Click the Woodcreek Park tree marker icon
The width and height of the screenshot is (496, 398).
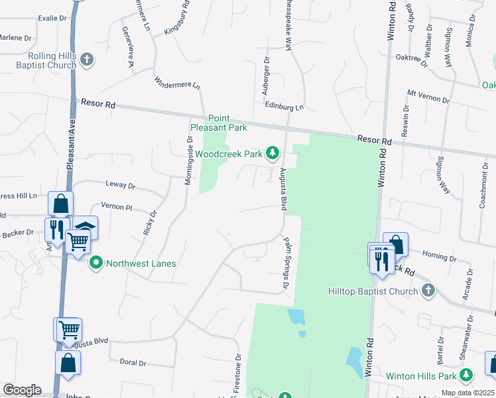[x=272, y=153]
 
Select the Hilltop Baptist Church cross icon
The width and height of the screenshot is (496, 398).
[x=428, y=291]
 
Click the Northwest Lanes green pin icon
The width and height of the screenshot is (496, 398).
[x=95, y=263]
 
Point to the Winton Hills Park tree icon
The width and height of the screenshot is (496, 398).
[x=466, y=376]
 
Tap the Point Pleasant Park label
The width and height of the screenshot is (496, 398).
[x=218, y=123]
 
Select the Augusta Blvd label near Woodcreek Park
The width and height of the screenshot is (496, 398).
[x=282, y=190]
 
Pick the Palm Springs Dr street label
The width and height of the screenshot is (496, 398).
[x=288, y=262]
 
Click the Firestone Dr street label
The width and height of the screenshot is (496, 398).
[x=237, y=371]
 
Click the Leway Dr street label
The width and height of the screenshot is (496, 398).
[x=120, y=186]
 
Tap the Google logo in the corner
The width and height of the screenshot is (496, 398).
[x=22, y=390]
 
